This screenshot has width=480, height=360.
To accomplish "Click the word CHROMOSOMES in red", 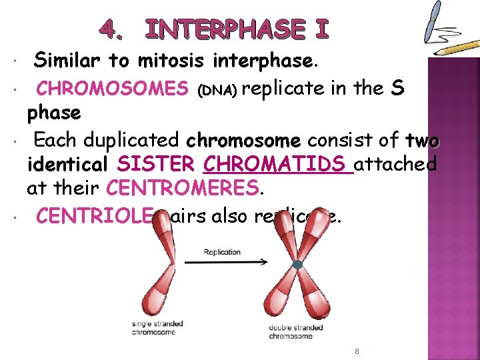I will [x=111, y=88].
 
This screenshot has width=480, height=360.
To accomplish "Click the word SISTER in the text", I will [x=155, y=164].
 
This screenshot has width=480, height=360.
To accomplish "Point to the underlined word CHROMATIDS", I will [x=277, y=164].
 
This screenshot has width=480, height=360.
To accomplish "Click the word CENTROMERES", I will [x=181, y=189].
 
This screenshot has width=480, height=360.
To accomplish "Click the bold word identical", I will [x=69, y=164].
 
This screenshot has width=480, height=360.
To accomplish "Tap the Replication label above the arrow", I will [x=223, y=252].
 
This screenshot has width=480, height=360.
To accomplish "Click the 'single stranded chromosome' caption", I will [x=157, y=328].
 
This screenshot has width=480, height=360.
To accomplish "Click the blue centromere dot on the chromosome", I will [x=298, y=265].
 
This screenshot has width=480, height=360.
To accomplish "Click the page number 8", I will [x=357, y=351].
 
